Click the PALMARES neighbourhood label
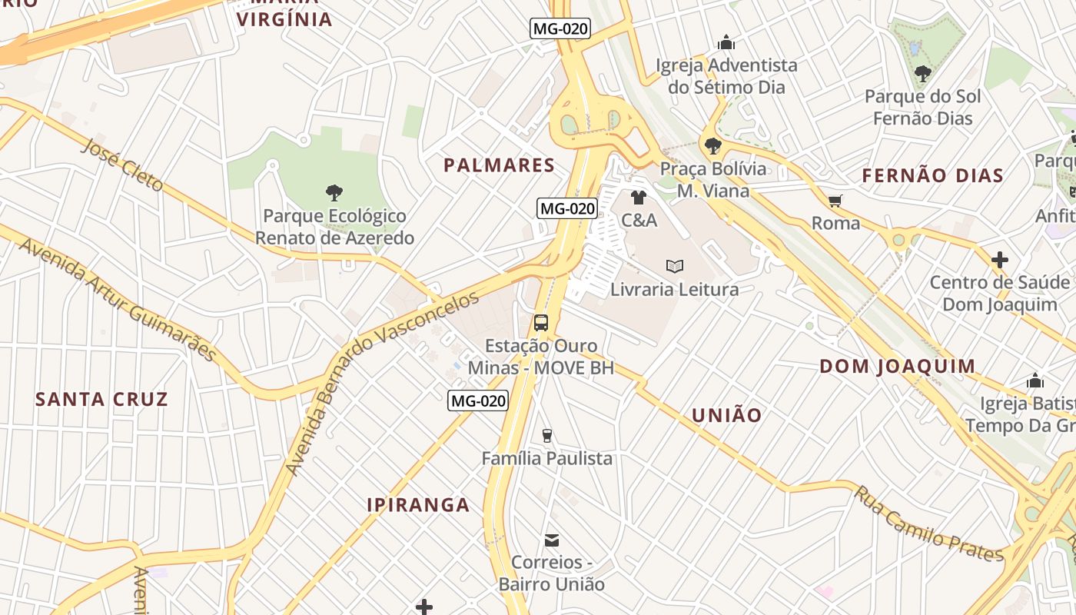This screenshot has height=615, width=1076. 499,165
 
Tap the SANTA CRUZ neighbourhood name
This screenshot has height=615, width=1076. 101,400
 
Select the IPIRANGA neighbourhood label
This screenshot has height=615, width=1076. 418,505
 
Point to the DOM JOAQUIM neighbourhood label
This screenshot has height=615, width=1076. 897,367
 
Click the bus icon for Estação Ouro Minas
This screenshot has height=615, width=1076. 541,323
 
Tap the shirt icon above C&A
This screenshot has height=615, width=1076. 638,198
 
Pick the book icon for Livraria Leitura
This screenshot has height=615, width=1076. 674,267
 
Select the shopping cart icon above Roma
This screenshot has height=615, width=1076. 835,201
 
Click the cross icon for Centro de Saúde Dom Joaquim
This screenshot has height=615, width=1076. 999,260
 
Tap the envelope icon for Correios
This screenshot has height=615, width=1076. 551,540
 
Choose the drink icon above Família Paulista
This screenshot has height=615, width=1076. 546,436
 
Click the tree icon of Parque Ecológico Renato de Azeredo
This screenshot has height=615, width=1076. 334,193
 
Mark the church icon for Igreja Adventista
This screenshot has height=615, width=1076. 726,43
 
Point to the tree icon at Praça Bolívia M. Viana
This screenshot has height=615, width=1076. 712,145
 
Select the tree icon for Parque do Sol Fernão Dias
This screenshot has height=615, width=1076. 922,75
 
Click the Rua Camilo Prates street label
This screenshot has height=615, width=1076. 928,524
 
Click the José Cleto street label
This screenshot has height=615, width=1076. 122,165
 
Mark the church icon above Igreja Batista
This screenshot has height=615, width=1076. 1034,381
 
